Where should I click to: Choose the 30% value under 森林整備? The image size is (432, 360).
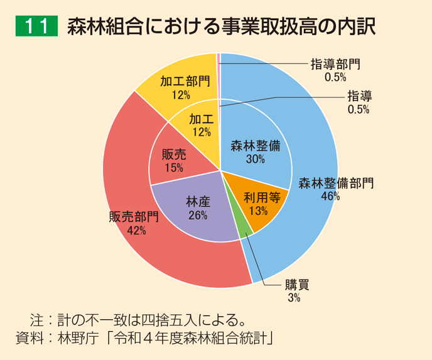tap(255, 160)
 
